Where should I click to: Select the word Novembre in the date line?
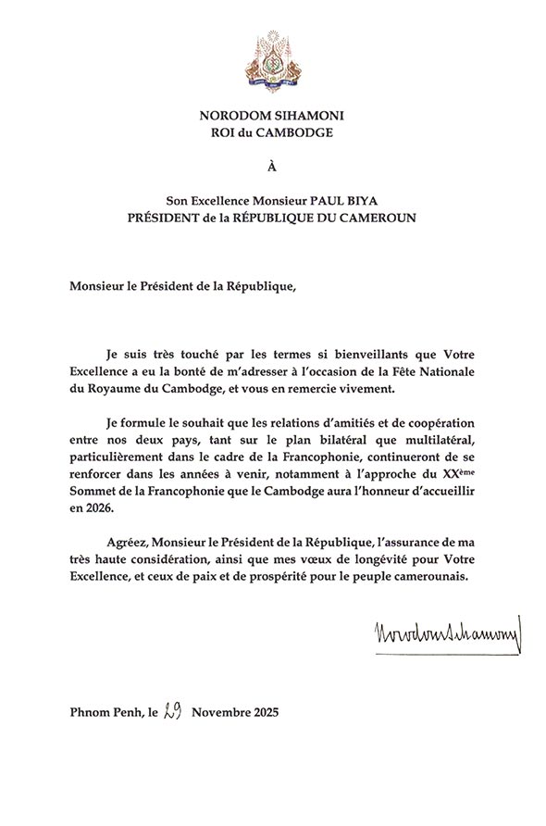click(219, 714)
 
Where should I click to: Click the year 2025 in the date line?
click(263, 714)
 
